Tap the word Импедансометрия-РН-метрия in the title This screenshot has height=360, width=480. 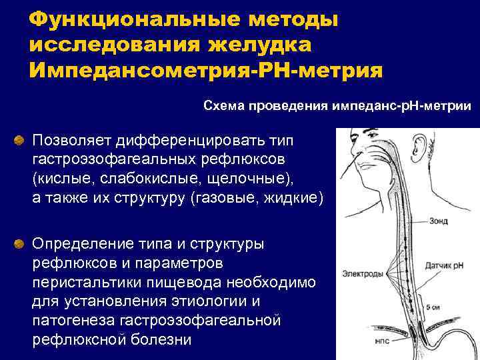pyautogui.click(x=206, y=69)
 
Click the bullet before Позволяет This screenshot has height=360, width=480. pyautogui.click(x=21, y=141)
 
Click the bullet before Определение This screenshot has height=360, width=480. pyautogui.click(x=21, y=242)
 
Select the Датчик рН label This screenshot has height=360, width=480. pyautogui.click(x=449, y=268)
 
